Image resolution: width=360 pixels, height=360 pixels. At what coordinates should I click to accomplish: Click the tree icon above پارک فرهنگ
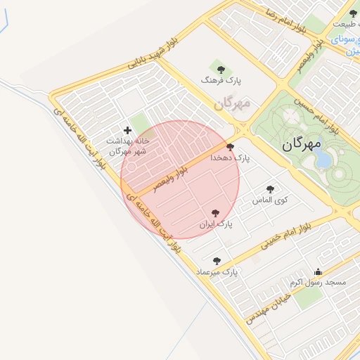[221, 70]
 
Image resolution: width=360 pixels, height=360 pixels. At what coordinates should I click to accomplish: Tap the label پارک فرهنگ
[221, 82]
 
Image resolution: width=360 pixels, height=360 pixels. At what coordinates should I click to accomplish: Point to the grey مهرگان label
[232, 104]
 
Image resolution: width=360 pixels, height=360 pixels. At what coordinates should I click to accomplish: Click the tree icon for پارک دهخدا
[230, 147]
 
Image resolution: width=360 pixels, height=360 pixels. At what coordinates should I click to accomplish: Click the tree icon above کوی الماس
[271, 188]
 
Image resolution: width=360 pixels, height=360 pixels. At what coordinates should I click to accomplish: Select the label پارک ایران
[215, 224]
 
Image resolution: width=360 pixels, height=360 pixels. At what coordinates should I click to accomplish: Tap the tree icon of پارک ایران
[215, 212]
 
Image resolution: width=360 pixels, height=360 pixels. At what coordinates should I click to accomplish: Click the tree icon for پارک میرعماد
[217, 260]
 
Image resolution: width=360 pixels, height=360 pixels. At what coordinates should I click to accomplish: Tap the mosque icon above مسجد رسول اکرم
[318, 271]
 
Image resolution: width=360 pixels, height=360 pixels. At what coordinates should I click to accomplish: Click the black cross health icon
[127, 130]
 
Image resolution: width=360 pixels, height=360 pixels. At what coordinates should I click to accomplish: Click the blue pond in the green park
[323, 160]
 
